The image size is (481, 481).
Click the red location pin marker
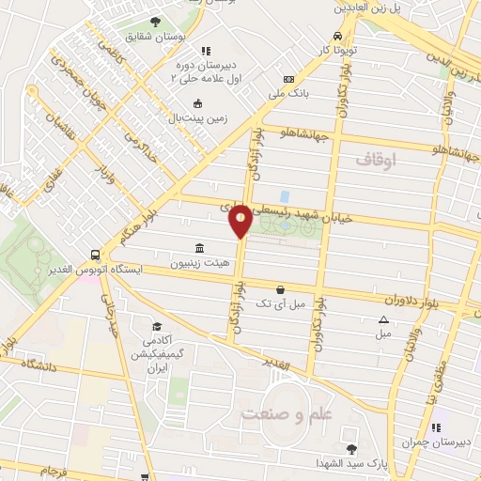tap(240, 221)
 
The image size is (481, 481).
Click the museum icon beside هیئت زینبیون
tap(200, 249)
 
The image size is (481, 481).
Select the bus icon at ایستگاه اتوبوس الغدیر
tap(95, 255)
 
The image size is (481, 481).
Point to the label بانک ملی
tap(289, 94)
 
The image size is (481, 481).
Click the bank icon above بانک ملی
tap(289, 79)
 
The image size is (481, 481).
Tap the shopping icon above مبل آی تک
tap(280, 290)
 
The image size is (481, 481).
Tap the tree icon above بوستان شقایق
tap(155, 22)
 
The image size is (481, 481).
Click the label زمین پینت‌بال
tap(199, 119)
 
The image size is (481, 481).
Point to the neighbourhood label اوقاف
tap(377, 161)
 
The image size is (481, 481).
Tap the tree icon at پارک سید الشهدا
tap(351, 448)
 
